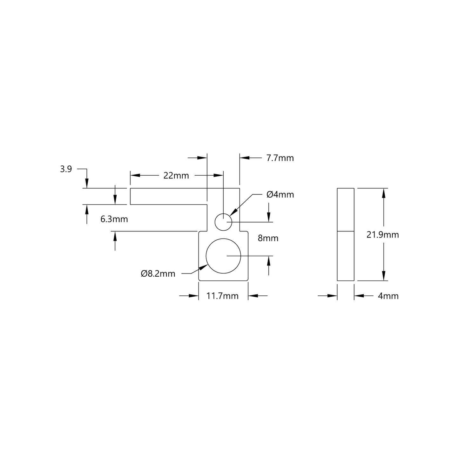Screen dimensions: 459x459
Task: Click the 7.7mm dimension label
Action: [280, 158]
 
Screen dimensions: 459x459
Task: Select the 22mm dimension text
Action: [176, 175]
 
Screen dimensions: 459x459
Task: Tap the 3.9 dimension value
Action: [66, 169]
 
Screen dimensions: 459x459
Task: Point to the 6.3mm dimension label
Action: [114, 219]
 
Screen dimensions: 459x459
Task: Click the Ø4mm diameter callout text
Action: [280, 194]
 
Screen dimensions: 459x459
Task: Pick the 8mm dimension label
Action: [268, 238]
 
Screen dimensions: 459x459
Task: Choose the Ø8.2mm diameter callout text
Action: [158, 273]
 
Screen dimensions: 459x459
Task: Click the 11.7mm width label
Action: [222, 296]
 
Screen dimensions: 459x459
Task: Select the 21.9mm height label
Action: [382, 235]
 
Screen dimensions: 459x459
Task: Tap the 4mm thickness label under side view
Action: [388, 296]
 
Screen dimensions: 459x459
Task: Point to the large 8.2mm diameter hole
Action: [223, 256]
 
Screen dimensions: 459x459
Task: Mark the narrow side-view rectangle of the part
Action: [346, 234]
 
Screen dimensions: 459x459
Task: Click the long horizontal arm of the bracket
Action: [168, 196]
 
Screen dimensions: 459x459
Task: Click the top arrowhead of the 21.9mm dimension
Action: [384, 193]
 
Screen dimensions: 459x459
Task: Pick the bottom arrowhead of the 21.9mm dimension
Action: [384, 276]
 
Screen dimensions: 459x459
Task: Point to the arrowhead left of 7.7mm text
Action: [244, 158]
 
